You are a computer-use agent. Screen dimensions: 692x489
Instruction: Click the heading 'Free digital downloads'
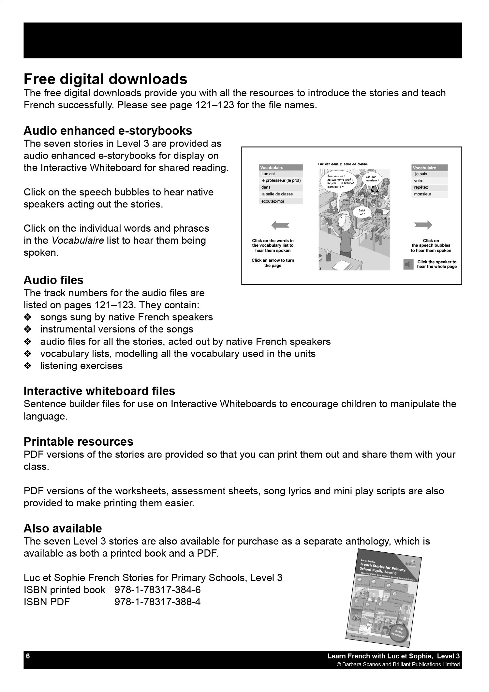tap(105, 79)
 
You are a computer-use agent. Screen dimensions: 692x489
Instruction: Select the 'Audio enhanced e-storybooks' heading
tap(108, 131)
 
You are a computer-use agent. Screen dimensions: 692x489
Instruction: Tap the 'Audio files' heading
tap(53, 280)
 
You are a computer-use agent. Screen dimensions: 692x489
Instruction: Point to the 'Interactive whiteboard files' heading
tap(99, 391)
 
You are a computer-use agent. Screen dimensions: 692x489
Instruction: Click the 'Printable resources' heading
tap(78, 441)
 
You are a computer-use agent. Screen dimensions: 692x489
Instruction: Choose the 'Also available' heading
tap(63, 528)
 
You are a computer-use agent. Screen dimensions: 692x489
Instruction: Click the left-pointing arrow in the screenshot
tap(280, 224)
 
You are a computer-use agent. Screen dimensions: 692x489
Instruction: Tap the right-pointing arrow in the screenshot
tap(423, 224)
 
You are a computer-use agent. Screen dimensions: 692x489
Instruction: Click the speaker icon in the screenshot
tap(408, 264)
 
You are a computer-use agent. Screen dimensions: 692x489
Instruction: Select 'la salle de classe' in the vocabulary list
tap(277, 194)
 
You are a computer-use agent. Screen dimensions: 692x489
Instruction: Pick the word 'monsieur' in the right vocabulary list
tap(422, 194)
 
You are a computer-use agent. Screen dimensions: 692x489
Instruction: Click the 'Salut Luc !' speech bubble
tap(362, 212)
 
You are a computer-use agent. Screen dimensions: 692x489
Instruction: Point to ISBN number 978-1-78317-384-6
tap(157, 590)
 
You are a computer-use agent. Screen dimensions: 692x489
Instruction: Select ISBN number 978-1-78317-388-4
tap(157, 602)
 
